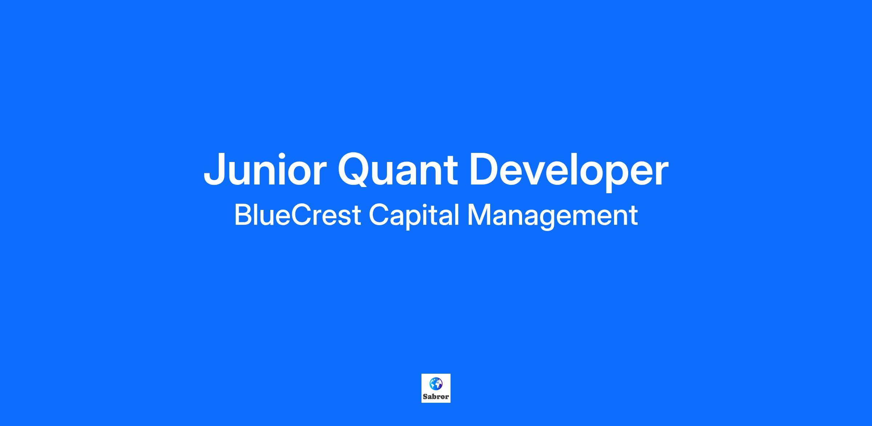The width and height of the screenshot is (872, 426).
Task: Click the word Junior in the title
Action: click(x=263, y=170)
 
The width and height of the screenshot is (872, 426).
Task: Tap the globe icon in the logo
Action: click(x=436, y=384)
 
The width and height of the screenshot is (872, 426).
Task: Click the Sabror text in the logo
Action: click(x=436, y=397)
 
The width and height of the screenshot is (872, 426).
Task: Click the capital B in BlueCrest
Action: click(x=242, y=215)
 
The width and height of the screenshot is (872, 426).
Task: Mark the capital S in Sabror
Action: click(x=425, y=397)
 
